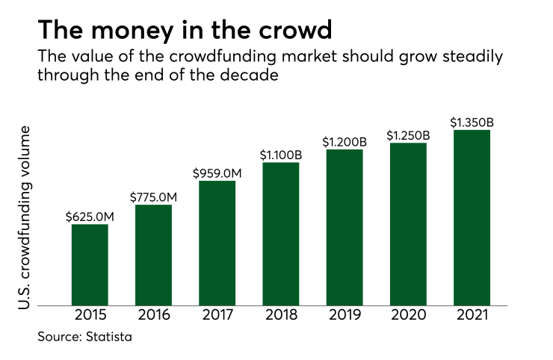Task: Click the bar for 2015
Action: pyautogui.click(x=90, y=264)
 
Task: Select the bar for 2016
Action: pyautogui.click(x=153, y=255)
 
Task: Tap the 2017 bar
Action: pyautogui.click(x=217, y=243)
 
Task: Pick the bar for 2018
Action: pyautogui.click(x=280, y=234)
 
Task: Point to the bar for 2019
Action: pyautogui.click(x=345, y=227)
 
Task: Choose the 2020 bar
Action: pyautogui.click(x=408, y=224)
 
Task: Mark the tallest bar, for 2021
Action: pyautogui.click(x=472, y=217)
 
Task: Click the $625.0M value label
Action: pyautogui.click(x=90, y=217)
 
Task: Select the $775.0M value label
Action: pyautogui.click(x=153, y=197)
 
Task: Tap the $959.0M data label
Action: pyautogui.click(x=217, y=173)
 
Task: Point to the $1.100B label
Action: pyautogui.click(x=280, y=155)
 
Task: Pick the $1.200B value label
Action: pyautogui.click(x=345, y=141)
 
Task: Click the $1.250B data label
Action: pyautogui.click(x=408, y=135)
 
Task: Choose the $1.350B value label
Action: pyautogui.click(x=472, y=122)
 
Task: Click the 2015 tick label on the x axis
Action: pyautogui.click(x=90, y=316)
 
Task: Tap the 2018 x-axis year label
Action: pyautogui.click(x=280, y=316)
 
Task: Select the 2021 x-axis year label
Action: pyautogui.click(x=472, y=316)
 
